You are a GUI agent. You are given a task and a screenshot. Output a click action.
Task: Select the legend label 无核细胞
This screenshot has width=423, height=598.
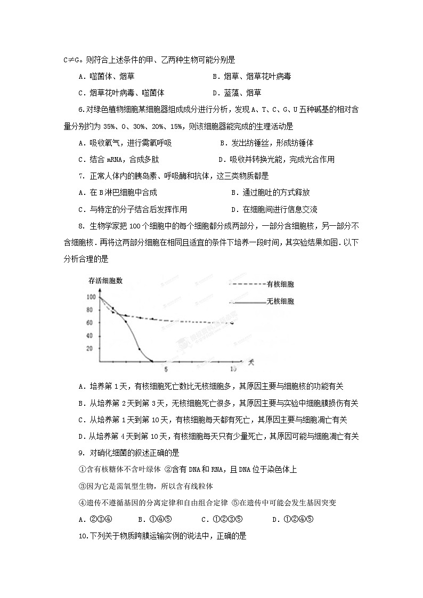[280, 301]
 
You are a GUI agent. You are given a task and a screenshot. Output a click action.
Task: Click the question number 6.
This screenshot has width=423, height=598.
[80, 110]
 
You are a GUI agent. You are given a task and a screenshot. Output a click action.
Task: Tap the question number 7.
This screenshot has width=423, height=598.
[80, 176]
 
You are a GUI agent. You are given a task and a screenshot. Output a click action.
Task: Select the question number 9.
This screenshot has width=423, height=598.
[80, 453]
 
